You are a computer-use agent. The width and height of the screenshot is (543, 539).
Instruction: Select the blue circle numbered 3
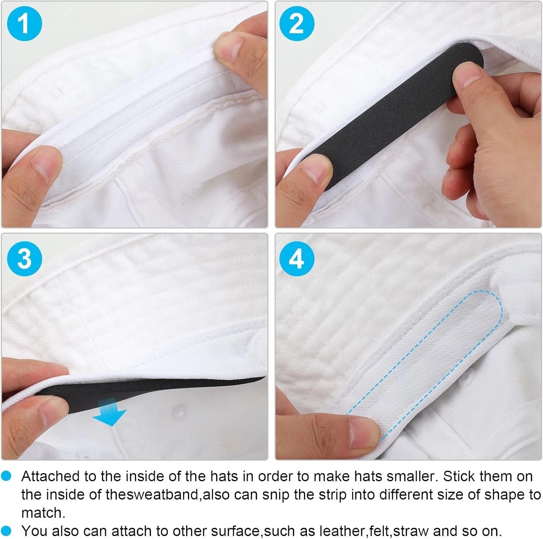coord(24,258)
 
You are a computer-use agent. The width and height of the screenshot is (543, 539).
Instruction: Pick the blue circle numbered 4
coord(296,258)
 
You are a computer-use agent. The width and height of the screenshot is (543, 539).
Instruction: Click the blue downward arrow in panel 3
coord(110,412)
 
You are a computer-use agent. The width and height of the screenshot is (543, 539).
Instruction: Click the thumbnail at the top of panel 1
coord(229,47)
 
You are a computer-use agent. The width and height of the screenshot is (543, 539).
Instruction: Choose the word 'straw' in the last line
coord(412,531)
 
